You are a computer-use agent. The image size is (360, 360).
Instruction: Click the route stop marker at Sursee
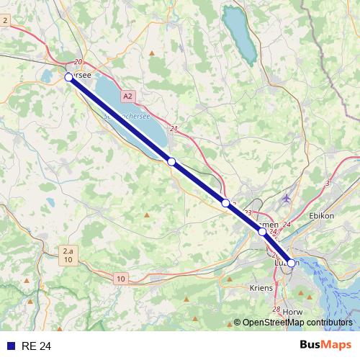tap(68, 76)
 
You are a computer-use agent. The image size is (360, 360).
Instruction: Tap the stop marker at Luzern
tap(291, 263)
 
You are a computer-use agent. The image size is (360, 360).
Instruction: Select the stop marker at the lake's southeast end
tap(171, 161)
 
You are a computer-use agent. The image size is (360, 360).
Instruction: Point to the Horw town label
tap(293, 312)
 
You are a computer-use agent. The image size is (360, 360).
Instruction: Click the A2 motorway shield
tap(127, 95)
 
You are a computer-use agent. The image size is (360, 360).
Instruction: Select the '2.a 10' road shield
tap(67, 255)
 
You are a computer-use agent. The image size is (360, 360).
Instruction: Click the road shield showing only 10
tap(120, 279)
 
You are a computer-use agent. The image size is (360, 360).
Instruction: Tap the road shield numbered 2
tap(5, 20)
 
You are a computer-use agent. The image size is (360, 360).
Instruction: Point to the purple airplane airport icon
tap(288, 198)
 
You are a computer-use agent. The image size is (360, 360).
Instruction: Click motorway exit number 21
tap(174, 129)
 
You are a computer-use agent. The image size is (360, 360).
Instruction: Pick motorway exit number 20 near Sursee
tap(78, 63)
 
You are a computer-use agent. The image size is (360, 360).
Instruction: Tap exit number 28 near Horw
tap(276, 310)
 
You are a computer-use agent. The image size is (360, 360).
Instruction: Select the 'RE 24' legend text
tap(35, 346)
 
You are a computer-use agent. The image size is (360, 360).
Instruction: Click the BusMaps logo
tap(326, 346)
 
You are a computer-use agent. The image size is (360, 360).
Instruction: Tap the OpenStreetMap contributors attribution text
tap(297, 323)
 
